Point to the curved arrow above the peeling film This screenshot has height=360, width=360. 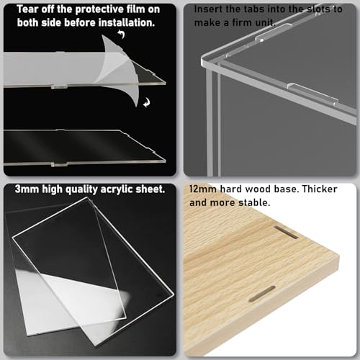pos(122,34)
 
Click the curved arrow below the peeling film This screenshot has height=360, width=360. pos(146,102)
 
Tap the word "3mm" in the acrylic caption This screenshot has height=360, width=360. pos(27,189)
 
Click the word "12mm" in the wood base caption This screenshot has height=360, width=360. pos(203,189)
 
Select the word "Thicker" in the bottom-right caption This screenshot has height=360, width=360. pos(320,189)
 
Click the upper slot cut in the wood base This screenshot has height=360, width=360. pos(286,232)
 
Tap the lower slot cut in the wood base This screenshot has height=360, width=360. pos(262,294)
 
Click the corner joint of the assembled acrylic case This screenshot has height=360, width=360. pos(205,61)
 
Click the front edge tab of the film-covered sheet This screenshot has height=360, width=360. pos(59,86)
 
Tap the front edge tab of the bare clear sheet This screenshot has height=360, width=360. pos(59,164)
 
